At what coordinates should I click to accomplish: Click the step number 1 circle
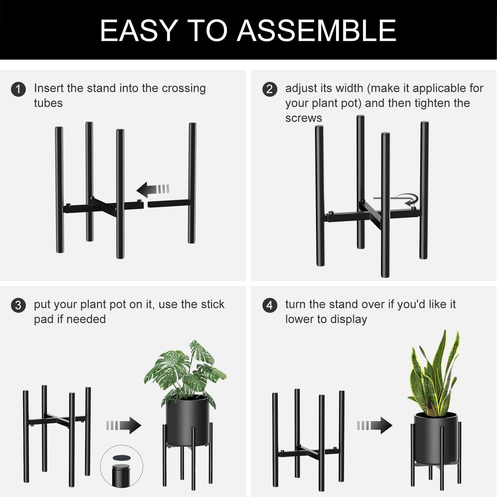click(x=18, y=89)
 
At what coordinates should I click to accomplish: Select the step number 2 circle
click(x=270, y=89)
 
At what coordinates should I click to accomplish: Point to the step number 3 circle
click(x=18, y=305)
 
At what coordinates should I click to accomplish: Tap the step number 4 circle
click(x=270, y=305)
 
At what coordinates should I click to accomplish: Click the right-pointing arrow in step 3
click(x=124, y=425)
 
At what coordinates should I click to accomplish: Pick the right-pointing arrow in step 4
click(x=375, y=425)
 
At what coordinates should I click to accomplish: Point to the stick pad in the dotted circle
click(x=122, y=458)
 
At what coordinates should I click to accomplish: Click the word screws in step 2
click(x=304, y=118)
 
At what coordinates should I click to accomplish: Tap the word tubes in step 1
click(x=48, y=103)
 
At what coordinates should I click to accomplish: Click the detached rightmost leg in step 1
click(x=192, y=182)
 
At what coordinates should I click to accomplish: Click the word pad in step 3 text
click(x=43, y=319)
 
